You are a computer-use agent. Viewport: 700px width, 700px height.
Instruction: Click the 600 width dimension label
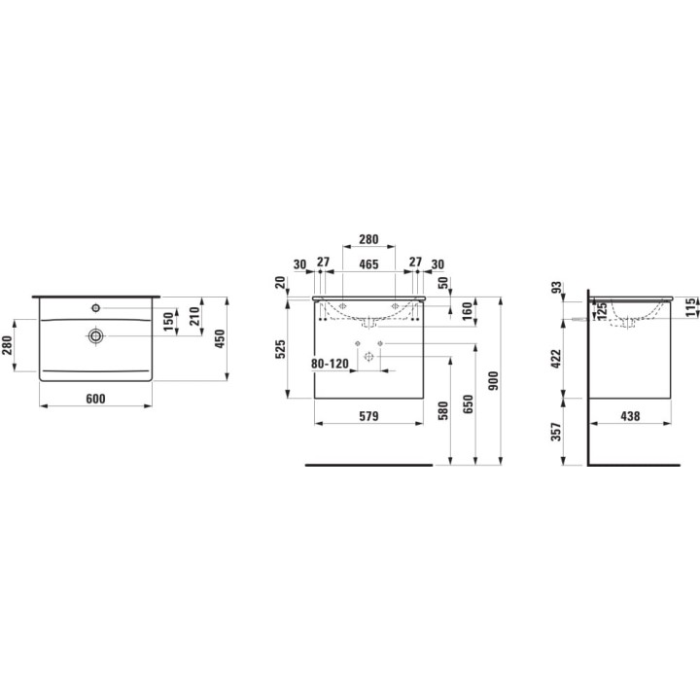[95, 399]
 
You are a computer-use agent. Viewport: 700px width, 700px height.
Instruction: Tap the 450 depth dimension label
[220, 339]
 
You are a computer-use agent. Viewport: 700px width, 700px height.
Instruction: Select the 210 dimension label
[194, 316]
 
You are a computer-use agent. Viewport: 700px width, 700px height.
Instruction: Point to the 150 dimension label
[168, 322]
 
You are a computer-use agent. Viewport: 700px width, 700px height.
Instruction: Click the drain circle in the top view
[96, 335]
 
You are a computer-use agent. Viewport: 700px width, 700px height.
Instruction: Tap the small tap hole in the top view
[95, 307]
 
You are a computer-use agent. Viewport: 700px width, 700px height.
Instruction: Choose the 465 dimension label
[368, 264]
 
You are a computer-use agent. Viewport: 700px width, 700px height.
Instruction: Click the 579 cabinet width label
[368, 416]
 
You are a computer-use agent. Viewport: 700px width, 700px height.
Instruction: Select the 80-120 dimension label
[330, 364]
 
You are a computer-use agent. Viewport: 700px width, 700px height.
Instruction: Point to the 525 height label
[280, 350]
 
